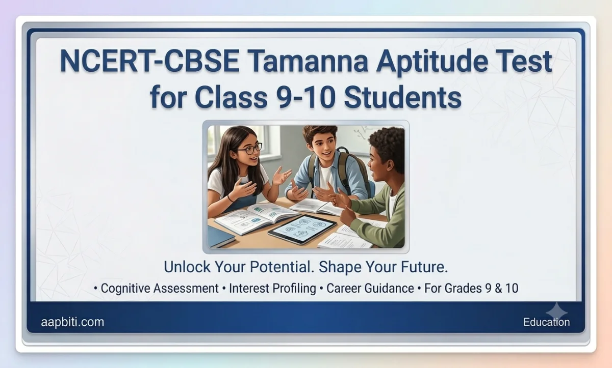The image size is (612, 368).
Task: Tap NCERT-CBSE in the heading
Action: pyautogui.click(x=149, y=61)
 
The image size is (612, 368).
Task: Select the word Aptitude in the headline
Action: pyautogui.click(x=432, y=63)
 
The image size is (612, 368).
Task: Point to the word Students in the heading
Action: pyautogui.click(x=403, y=97)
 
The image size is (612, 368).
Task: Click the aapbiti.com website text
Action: pyautogui.click(x=72, y=322)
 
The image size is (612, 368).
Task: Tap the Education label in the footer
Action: pyautogui.click(x=546, y=322)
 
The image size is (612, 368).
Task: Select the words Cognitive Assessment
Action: pyautogui.click(x=160, y=289)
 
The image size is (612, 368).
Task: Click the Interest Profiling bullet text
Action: pyautogui.click(x=272, y=289)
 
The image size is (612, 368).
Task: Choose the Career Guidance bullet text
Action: pyautogui.click(x=370, y=289)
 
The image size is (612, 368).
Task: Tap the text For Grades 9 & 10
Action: pyautogui.click(x=471, y=289)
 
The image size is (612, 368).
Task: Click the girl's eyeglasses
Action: pyautogui.click(x=250, y=149)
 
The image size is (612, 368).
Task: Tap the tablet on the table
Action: pyautogui.click(x=302, y=229)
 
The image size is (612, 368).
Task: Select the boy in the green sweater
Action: pyautogui.click(x=374, y=185)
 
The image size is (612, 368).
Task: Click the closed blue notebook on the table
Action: pyautogui.click(x=220, y=237)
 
